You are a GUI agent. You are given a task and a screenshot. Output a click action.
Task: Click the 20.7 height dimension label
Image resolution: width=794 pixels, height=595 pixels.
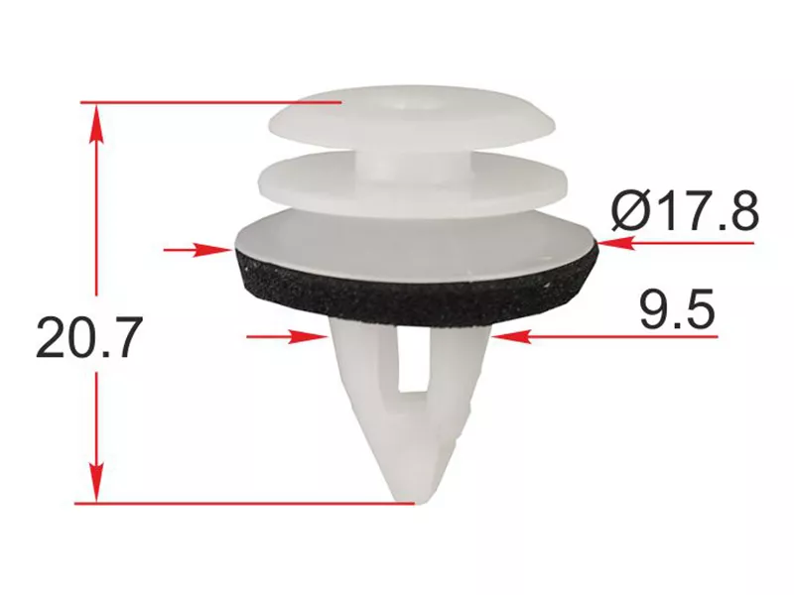click(x=87, y=337)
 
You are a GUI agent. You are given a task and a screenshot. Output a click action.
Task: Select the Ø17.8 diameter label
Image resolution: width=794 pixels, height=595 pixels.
click(x=685, y=209)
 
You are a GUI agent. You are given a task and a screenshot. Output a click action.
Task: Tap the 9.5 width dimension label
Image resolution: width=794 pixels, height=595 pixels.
click(x=678, y=308)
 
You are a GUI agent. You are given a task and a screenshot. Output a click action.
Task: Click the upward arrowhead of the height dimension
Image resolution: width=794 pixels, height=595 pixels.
click(x=96, y=125)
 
